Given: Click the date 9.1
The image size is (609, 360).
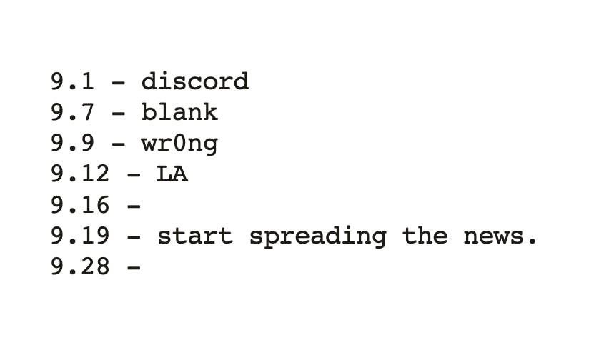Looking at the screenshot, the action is point(73,82).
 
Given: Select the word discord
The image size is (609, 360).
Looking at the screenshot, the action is point(195,81).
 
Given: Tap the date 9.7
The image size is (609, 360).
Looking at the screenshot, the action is point(73,113).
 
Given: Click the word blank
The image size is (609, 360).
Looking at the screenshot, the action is point(180,112).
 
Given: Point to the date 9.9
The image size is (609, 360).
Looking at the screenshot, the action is point(73,143).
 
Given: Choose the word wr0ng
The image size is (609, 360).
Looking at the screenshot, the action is point(180,145).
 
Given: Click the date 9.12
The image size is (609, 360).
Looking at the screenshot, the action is point(80,174).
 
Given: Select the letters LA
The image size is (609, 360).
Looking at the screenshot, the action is point(172,174).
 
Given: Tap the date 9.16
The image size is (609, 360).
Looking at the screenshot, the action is point(80,205).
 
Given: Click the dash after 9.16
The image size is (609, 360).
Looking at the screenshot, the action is point(134,206).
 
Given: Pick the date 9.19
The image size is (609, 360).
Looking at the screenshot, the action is point(80,236).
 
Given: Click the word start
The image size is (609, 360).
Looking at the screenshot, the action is point(195,236).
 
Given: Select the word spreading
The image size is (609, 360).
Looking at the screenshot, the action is point(317,236).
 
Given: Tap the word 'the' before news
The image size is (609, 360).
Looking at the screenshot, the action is point(425,235).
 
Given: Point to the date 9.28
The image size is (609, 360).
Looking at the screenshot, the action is point(80,266).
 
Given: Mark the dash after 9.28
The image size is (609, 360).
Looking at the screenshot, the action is point(134,268).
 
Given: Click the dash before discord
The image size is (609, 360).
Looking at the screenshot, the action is point(119,83).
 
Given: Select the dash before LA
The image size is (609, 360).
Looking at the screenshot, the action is point(134,175).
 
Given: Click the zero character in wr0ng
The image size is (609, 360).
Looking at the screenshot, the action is point(179,143).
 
